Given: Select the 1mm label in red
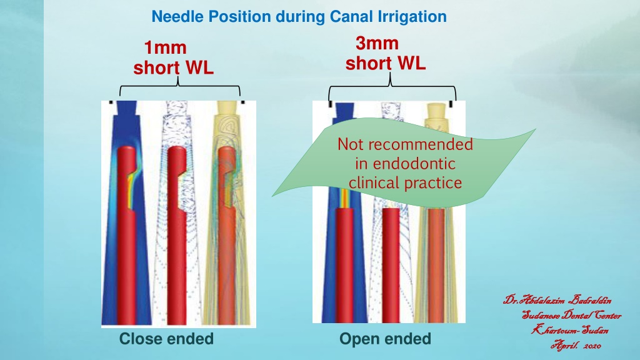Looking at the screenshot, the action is click(x=165, y=47).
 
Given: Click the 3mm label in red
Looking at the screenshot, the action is click(x=377, y=43).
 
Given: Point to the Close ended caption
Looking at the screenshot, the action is click(x=166, y=339).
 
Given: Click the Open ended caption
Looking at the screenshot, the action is click(x=385, y=339).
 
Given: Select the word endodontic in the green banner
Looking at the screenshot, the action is click(x=414, y=163).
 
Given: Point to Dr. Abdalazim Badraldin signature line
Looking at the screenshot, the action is click(x=557, y=300).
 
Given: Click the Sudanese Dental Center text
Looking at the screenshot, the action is click(x=571, y=315).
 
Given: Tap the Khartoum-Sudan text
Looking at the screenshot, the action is click(x=570, y=329).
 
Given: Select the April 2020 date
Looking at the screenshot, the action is click(x=576, y=345).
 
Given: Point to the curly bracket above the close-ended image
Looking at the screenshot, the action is click(x=179, y=85).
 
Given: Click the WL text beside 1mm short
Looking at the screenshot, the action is click(x=200, y=67).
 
